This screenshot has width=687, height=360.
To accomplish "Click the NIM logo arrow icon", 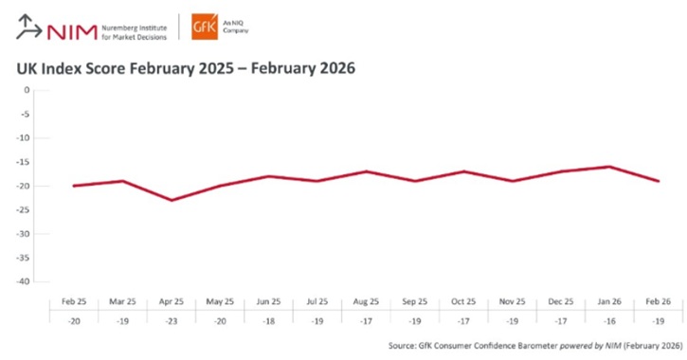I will pos(28,29).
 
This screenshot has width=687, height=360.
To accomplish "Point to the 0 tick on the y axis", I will pos(27,90).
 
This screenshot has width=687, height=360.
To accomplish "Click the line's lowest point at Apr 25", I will pos(172,200).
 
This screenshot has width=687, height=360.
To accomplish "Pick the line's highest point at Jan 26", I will pos(608,167).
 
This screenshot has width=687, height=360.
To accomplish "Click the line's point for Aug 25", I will pos(366,171).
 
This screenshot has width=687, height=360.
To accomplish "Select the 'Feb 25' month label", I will pos(73,301).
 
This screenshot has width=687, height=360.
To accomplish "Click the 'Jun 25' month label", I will pos(268,301).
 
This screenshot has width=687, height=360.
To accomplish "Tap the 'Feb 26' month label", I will pos(658,301).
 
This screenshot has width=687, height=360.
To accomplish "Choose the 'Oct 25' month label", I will pos(463,301).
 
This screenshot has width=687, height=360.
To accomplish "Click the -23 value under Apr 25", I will pos(172,320).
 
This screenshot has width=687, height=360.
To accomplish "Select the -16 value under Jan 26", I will pos(608,320).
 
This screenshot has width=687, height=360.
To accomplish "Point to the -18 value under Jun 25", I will pos(268,320).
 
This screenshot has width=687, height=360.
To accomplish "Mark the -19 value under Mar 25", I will pos(122,320).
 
